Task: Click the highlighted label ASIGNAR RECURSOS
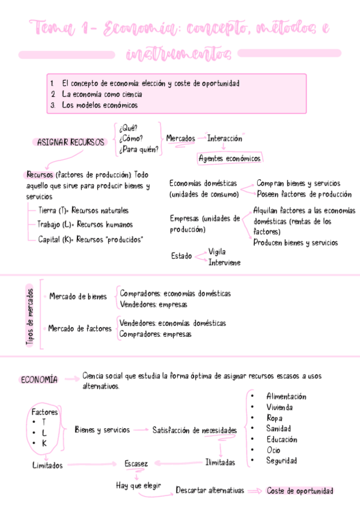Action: click(x=71, y=143)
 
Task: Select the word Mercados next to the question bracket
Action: click(x=180, y=138)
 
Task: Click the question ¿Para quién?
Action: click(x=139, y=150)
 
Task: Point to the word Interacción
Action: click(x=224, y=138)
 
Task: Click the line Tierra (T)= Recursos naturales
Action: click(x=83, y=210)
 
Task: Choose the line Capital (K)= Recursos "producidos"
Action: click(x=90, y=239)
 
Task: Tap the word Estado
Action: click(x=182, y=256)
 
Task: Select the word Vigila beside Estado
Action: click(x=217, y=251)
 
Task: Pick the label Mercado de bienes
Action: click(x=78, y=296)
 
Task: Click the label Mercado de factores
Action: click(x=80, y=328)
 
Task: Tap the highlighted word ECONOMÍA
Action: click(x=39, y=379)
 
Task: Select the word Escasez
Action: click(x=136, y=463)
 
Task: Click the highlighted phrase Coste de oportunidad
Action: click(x=300, y=491)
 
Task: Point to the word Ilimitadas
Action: click(x=220, y=462)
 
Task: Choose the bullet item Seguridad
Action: click(x=281, y=461)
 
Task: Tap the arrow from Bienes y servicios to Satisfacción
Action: click(x=140, y=430)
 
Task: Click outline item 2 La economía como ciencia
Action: click(x=102, y=94)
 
